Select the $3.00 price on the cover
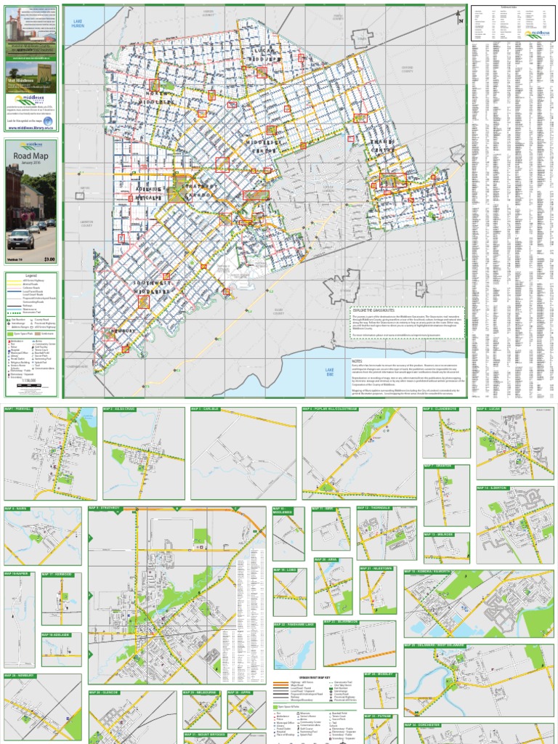49,259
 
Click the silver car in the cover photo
20,238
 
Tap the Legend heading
31,275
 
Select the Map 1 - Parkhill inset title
22,409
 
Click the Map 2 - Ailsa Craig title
120,409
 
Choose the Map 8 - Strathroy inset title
105,508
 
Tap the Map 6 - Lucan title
491,409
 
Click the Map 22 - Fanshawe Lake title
295,624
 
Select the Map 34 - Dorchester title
426,725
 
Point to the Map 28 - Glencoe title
105,692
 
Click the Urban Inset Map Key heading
318,676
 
